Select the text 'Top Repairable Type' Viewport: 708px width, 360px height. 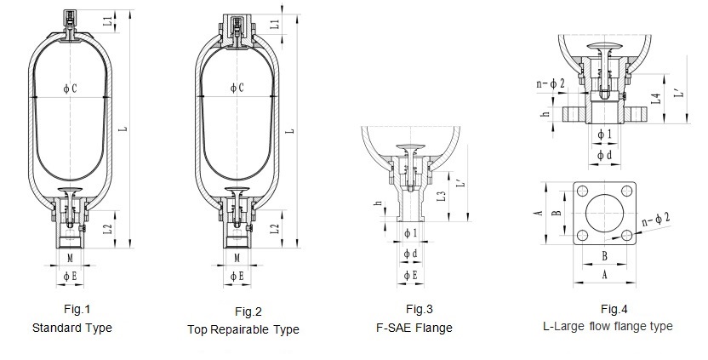243,329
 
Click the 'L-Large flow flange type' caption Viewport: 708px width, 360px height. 607,325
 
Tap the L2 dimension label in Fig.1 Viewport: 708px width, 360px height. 107,228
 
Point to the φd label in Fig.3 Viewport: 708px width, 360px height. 409,254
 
